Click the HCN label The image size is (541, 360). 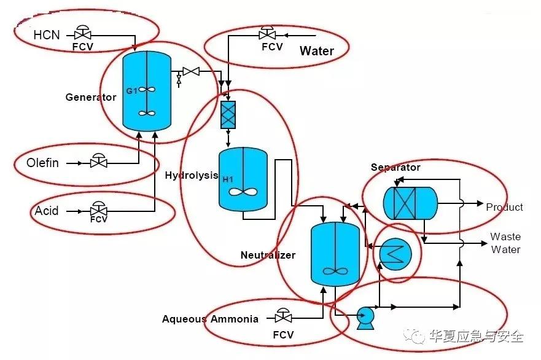tap(47, 34)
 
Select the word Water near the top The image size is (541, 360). tap(316, 51)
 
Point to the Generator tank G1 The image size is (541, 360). tap(147, 90)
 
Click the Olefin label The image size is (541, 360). tap(42, 163)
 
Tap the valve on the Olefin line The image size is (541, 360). tap(98, 163)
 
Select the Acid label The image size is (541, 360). tap(47, 211)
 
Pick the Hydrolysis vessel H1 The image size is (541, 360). tap(243, 180)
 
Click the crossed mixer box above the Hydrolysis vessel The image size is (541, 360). tap(228, 115)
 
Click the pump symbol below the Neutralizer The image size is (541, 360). tap(365, 317)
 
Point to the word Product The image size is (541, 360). tap(504, 207)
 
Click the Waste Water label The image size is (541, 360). tap(505, 243)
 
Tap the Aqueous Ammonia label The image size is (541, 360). tap(210, 319)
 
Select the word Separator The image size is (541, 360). tap(395, 167)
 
